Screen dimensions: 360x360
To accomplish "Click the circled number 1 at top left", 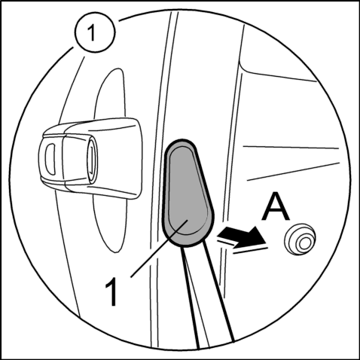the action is [x=95, y=32].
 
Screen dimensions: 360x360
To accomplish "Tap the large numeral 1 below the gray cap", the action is [x=111, y=291].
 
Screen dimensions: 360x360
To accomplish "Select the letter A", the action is [x=275, y=206].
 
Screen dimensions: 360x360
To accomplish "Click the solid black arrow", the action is [x=242, y=235].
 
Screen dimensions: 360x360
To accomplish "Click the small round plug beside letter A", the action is [x=300, y=239].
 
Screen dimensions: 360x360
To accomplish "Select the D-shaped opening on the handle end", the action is [x=50, y=159].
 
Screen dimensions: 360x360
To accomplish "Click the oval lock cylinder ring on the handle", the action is [x=92, y=160].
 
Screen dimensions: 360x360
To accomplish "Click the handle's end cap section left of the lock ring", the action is [x=51, y=160].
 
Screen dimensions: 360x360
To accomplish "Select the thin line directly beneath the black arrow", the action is [x=251, y=250].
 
